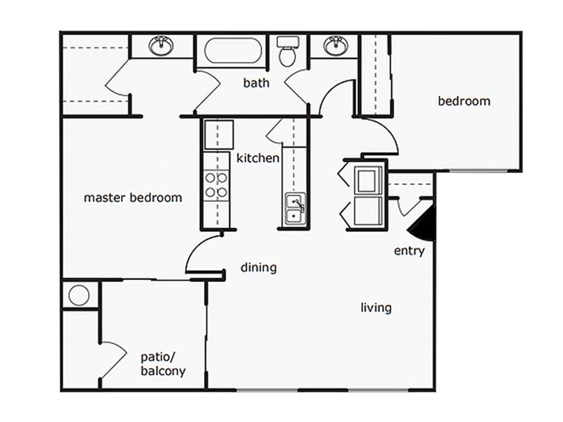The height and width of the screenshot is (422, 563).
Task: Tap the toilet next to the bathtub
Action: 289,51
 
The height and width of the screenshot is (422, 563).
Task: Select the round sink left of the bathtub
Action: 161,46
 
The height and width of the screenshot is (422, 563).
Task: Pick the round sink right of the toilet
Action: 336,46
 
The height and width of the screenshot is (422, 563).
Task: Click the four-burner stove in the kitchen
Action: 217,184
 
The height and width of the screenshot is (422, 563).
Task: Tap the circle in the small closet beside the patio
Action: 79,295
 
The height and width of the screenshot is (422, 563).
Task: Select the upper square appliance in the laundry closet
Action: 368,181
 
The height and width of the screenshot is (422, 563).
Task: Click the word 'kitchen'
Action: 258,158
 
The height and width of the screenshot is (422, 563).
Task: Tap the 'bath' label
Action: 256,83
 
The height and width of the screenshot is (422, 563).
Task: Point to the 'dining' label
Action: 258,268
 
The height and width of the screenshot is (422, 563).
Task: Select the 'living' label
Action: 376,308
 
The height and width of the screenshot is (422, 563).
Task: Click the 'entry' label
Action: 410,251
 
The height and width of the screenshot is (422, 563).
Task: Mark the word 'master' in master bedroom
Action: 104,198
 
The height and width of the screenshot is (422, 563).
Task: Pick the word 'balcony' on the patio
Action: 163,371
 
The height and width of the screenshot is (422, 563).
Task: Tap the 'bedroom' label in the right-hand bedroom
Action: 464,101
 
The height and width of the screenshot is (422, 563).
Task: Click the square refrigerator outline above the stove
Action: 219,134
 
